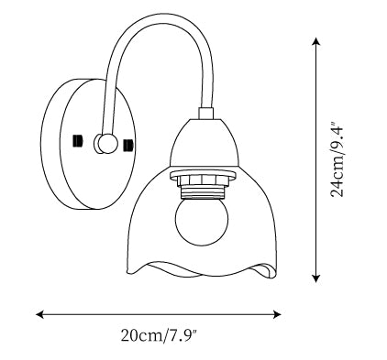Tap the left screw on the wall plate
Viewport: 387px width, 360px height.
pos(78,141)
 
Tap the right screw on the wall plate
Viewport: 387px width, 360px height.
pos(127,146)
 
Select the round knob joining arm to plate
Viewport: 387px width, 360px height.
pos(107,144)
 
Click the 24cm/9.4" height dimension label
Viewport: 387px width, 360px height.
pos(337,160)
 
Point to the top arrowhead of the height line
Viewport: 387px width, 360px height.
pos(316,41)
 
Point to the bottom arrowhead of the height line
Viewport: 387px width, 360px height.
pos(316,278)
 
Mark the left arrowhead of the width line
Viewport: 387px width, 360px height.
pos(39,314)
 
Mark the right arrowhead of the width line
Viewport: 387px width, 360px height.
pos(277,314)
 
